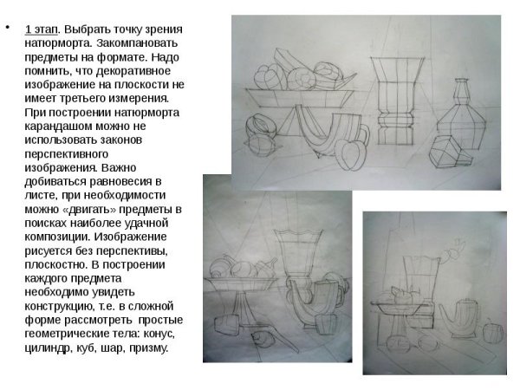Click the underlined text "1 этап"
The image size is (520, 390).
click(42, 29)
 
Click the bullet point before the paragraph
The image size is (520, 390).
click(7, 27)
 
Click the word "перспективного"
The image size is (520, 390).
click(67, 154)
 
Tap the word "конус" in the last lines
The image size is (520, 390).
click(159, 334)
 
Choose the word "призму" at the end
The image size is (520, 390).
click(149, 348)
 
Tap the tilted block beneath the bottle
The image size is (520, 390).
click(446, 153)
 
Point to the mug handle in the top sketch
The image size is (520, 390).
click(365, 134)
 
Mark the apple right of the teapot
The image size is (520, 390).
click(493, 334)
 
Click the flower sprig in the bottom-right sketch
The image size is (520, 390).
click(453, 250)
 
